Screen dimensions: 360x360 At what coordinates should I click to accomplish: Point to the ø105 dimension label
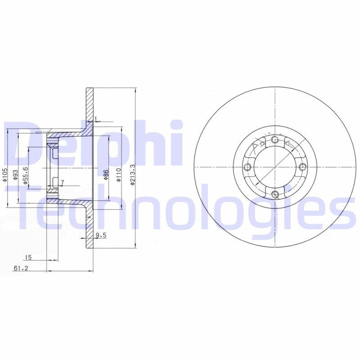click(4, 175)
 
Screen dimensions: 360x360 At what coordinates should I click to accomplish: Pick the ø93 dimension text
click(15, 175)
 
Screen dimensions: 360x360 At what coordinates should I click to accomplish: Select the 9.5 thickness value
click(100, 235)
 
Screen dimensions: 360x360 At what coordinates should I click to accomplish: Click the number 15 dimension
click(28, 258)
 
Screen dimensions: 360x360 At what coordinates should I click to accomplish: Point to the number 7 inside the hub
click(62, 182)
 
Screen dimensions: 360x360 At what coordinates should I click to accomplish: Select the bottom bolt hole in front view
click(275, 194)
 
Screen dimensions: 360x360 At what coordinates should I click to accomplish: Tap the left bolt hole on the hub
click(247, 167)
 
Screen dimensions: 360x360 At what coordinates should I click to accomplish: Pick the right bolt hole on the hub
click(302, 167)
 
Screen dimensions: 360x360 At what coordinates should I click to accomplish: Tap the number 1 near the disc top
click(96, 119)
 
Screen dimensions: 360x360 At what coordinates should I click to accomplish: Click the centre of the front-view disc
click(274, 167)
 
